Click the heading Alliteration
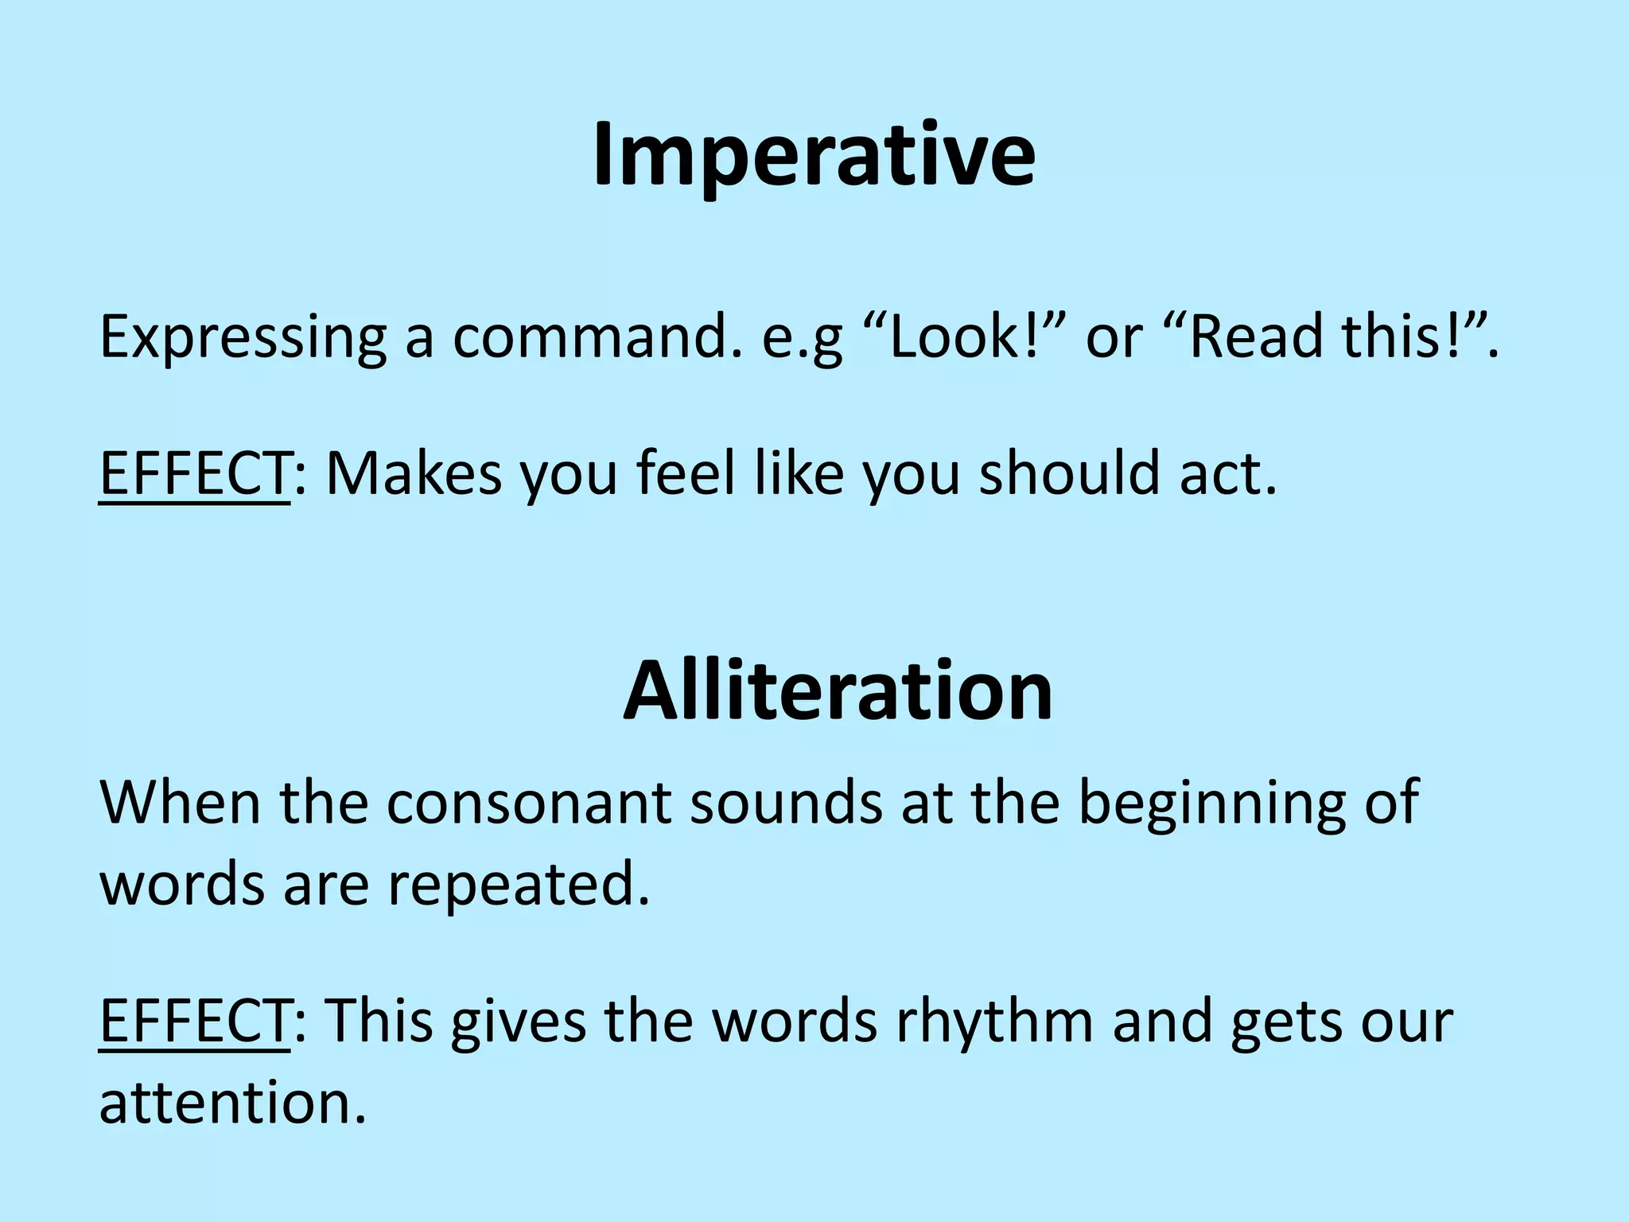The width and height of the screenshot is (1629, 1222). point(838,691)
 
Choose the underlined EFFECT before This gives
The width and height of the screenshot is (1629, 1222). point(194,1021)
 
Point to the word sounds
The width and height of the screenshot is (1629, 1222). point(786,803)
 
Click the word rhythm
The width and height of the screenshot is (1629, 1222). point(994,1021)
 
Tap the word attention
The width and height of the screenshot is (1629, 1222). point(231,1103)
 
